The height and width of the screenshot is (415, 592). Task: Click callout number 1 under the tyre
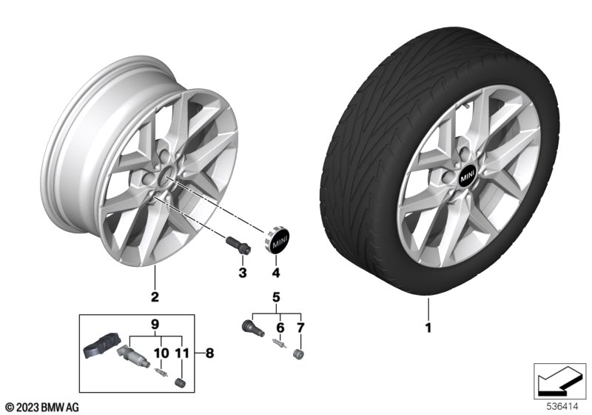click(x=428, y=328)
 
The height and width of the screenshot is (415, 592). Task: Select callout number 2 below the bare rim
click(x=155, y=296)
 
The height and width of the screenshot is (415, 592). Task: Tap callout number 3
click(x=243, y=272)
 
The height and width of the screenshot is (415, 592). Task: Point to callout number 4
click(x=276, y=272)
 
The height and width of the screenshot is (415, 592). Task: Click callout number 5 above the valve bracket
click(x=276, y=297)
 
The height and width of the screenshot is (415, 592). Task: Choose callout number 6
click(x=280, y=328)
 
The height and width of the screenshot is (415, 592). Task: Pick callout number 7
click(x=300, y=328)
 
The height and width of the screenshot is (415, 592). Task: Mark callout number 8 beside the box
click(x=209, y=353)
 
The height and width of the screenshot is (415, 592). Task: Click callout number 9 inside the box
click(x=155, y=324)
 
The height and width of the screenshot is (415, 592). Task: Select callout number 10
click(x=161, y=353)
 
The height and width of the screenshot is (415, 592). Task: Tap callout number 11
click(x=182, y=353)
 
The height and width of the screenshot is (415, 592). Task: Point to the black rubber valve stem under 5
click(x=252, y=327)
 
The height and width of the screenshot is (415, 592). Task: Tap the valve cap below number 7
click(x=299, y=354)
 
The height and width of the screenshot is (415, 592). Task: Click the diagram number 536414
click(x=562, y=407)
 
